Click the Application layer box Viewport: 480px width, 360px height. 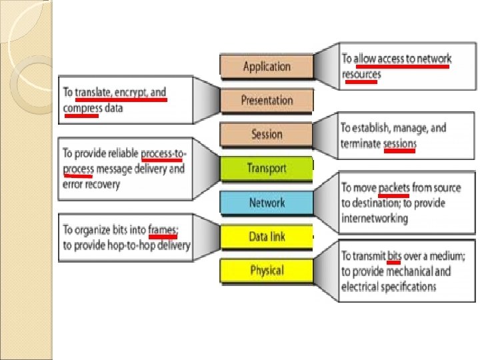tap(267, 66)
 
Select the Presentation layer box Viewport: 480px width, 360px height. tap(267, 101)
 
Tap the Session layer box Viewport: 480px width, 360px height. tap(267, 134)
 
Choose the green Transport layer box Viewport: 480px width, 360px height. tap(266, 168)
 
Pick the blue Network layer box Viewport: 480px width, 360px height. tap(267, 203)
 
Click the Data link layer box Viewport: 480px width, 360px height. tap(267, 237)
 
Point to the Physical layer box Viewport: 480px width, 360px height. tap(267, 271)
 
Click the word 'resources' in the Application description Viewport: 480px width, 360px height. tap(361, 74)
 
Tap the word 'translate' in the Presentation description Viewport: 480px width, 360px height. tap(93, 92)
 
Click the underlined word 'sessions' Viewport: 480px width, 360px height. tap(400, 143)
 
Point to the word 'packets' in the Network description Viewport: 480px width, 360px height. tap(394, 187)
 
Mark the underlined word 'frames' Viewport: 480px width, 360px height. tap(163, 229)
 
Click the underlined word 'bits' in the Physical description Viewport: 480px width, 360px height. tap(394, 255)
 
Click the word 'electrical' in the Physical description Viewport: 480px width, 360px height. tap(359, 287)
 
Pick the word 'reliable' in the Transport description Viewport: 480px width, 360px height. tap(120, 153)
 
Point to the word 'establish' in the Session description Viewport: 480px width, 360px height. tap(371, 127)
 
